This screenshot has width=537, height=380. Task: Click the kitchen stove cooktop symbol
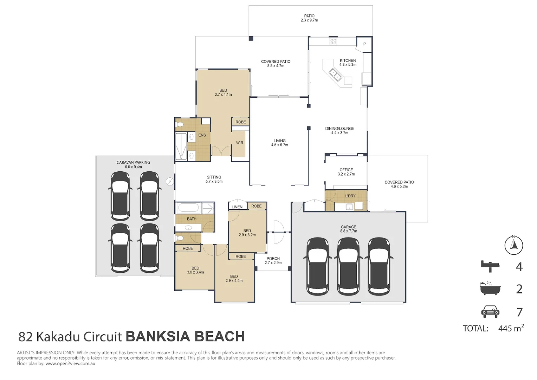tap(333, 42)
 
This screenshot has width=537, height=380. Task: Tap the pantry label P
tap(364, 44)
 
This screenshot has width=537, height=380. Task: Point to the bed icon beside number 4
tap(490, 266)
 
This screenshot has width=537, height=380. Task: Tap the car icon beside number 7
tap(490, 312)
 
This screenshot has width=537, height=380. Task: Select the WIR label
tap(240, 143)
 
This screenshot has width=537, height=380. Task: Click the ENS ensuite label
tap(202, 135)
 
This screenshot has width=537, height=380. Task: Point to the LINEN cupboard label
tap(237, 207)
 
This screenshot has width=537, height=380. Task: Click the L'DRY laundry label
tap(350, 196)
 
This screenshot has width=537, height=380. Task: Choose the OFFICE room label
tap(346, 170)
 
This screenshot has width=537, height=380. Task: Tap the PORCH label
tap(273, 259)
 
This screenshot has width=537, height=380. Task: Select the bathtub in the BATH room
tap(188, 208)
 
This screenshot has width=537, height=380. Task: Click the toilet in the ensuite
tap(180, 125)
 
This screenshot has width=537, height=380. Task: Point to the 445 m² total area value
tap(511, 328)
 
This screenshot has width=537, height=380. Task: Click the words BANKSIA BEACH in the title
tap(185, 336)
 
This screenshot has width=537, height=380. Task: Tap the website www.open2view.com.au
tap(71, 363)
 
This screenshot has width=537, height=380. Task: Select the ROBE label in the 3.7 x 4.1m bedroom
tap(240, 122)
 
